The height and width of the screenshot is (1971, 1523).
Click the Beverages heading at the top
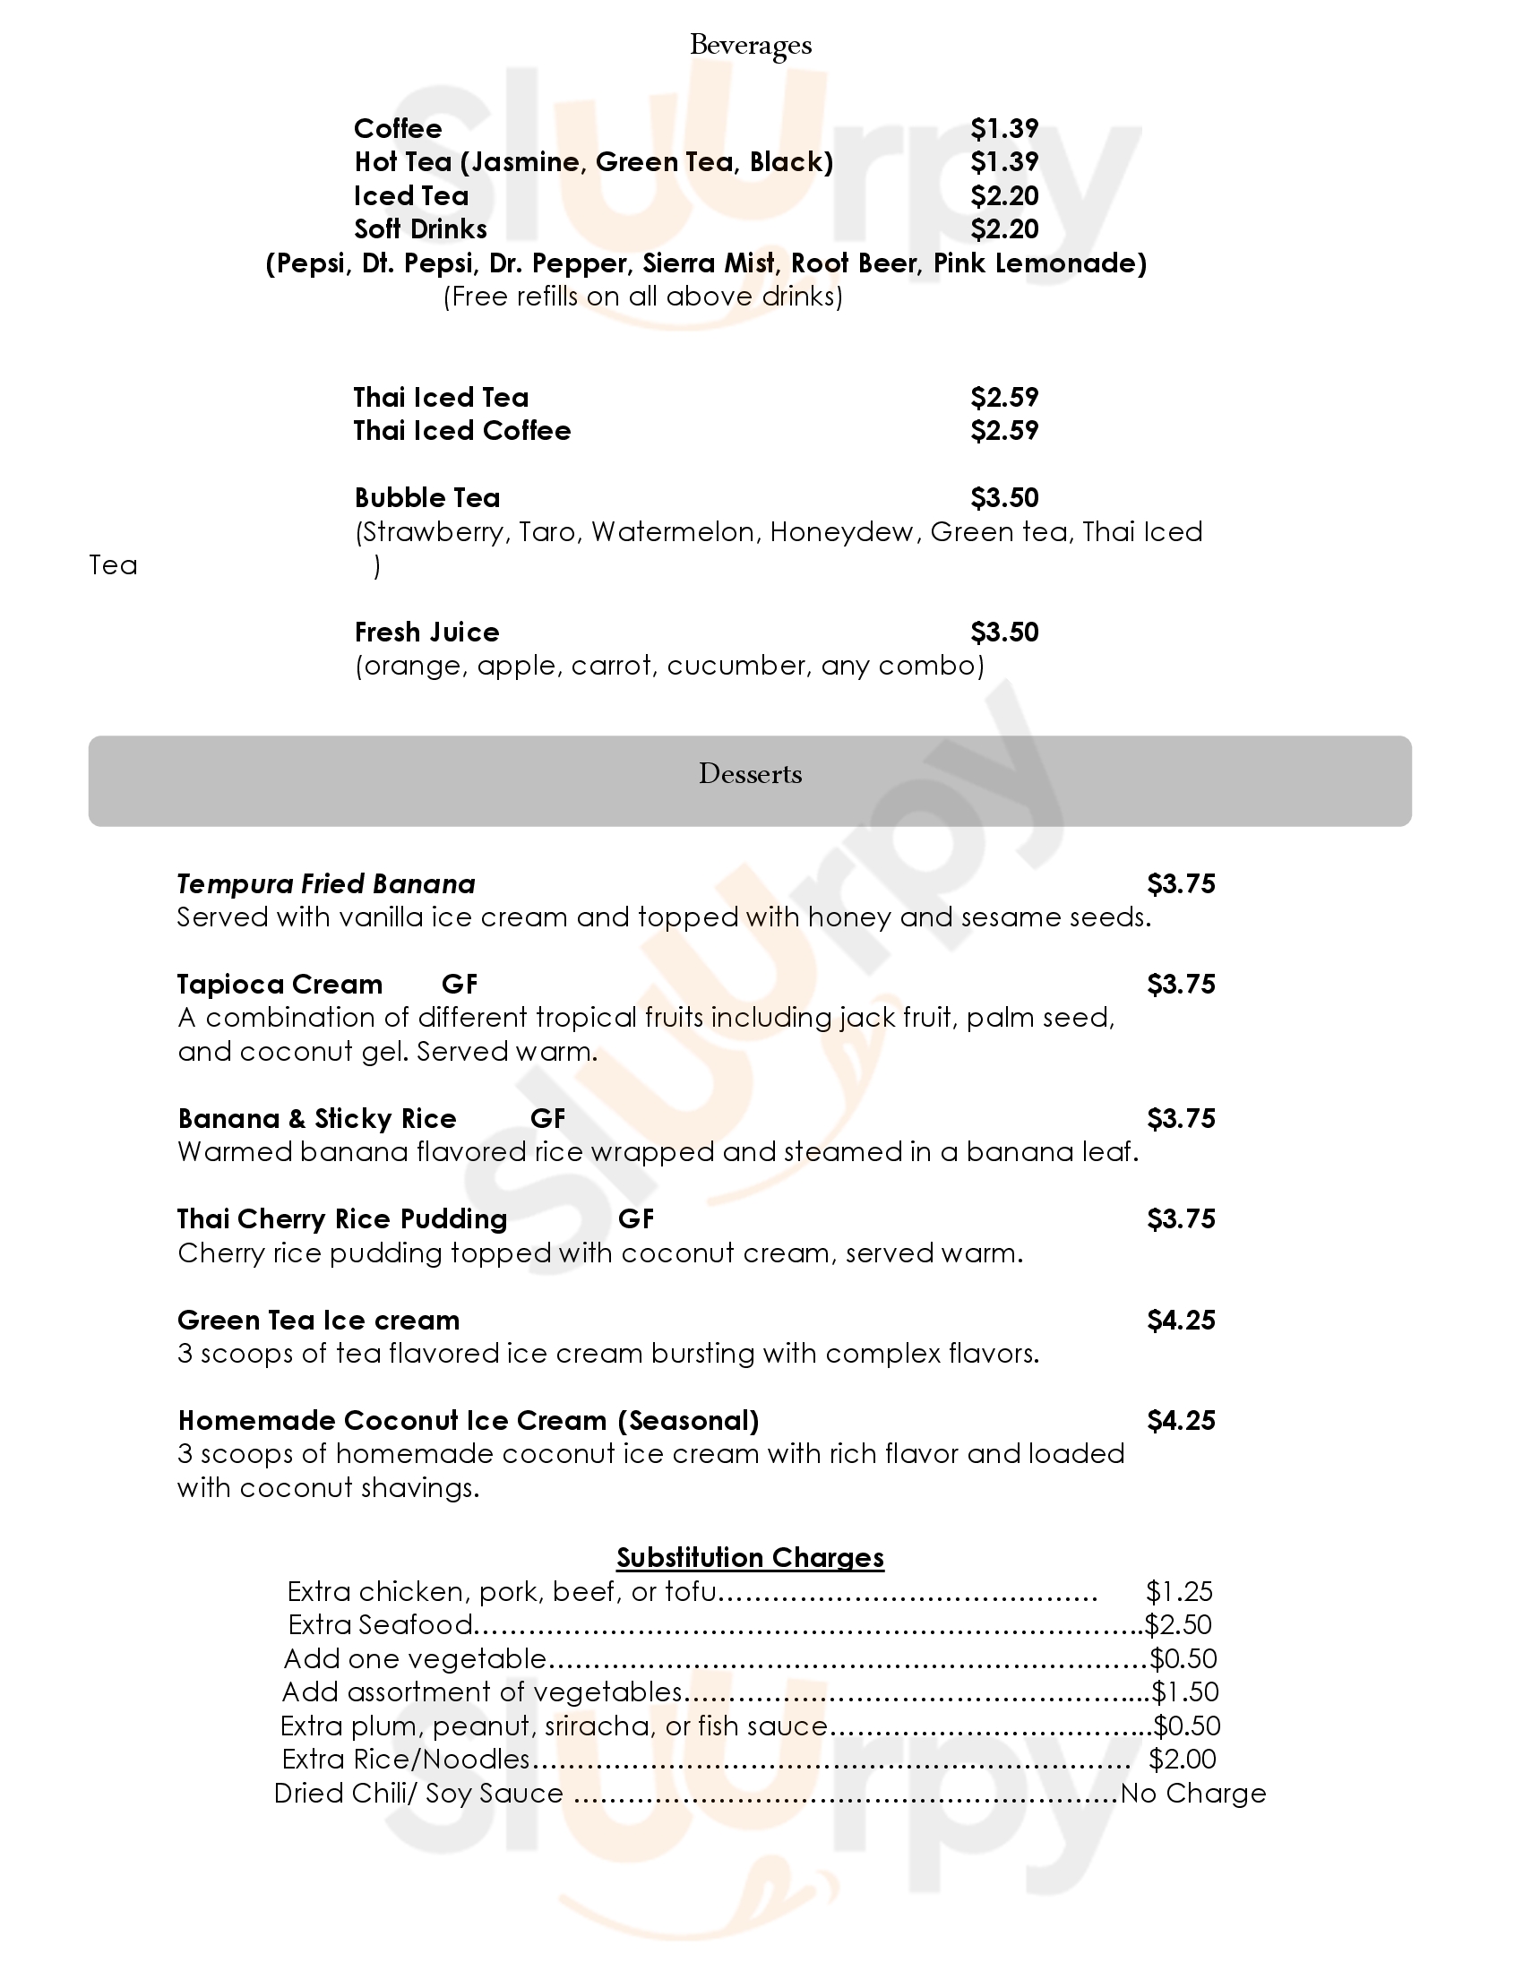750,45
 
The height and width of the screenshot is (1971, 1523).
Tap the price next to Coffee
1004,128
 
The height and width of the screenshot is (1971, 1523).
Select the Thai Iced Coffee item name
462,430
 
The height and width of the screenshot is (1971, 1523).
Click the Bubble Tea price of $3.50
1004,497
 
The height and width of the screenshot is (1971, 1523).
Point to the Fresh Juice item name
426,632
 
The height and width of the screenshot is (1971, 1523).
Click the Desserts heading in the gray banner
750,774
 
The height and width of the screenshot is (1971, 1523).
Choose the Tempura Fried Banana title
326,883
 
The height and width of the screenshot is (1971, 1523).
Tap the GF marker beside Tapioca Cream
460,984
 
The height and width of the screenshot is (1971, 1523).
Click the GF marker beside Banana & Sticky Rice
547,1118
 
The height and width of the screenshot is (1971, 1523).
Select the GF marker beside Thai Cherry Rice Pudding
635,1219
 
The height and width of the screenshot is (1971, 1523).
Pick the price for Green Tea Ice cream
1181,1321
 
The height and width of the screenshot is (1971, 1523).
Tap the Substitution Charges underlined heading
750,1558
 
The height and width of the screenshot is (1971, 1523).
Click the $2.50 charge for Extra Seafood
1178,1624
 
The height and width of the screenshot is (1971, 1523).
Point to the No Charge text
1192,1794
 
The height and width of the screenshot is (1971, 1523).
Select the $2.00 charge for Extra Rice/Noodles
1182,1759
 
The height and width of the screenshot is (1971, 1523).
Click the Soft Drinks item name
420,229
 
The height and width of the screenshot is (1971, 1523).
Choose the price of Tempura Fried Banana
1181,883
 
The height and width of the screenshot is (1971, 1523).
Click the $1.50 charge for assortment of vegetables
1184,1691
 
